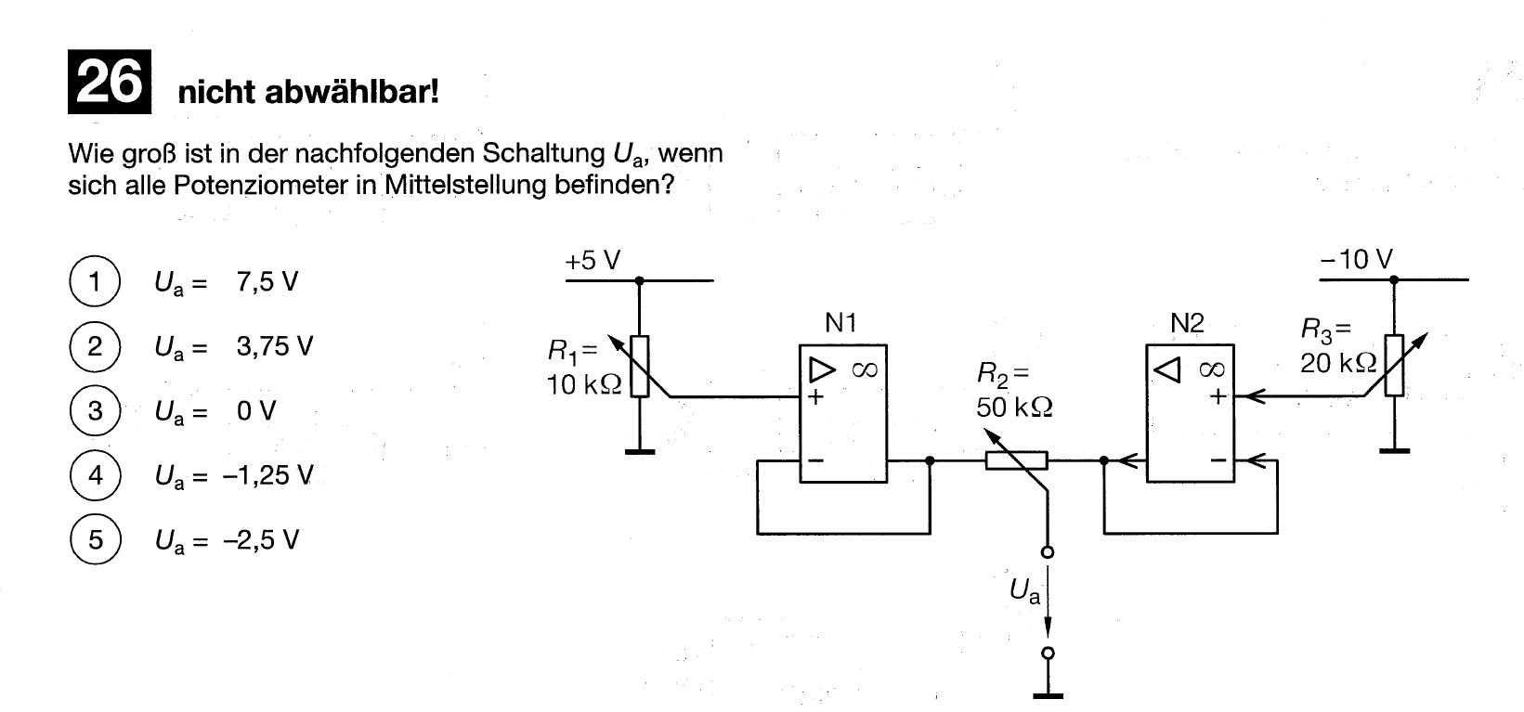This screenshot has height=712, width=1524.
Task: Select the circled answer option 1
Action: tap(95, 280)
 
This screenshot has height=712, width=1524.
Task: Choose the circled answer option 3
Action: tap(95, 410)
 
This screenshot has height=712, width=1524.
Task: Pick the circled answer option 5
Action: tap(95, 539)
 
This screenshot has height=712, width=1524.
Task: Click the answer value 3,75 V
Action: tap(275, 346)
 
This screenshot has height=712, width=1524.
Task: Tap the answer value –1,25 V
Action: tap(267, 475)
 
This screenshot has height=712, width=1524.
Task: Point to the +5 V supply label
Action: tap(592, 261)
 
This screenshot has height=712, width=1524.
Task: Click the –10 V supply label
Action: tap(1356, 260)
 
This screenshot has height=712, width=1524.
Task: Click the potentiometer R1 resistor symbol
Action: tap(639, 367)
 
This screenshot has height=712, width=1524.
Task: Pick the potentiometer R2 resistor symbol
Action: tap(1016, 460)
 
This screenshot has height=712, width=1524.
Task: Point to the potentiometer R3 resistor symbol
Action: tap(1394, 366)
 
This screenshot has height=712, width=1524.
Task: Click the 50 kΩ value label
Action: tap(1014, 408)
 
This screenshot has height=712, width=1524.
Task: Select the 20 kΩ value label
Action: tap(1338, 363)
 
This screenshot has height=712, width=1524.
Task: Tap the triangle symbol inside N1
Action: tap(822, 370)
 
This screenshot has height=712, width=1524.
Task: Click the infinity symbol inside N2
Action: tap(1212, 369)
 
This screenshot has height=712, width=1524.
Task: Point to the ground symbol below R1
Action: tap(639, 451)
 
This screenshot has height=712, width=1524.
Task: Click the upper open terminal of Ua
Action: tap(1049, 553)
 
